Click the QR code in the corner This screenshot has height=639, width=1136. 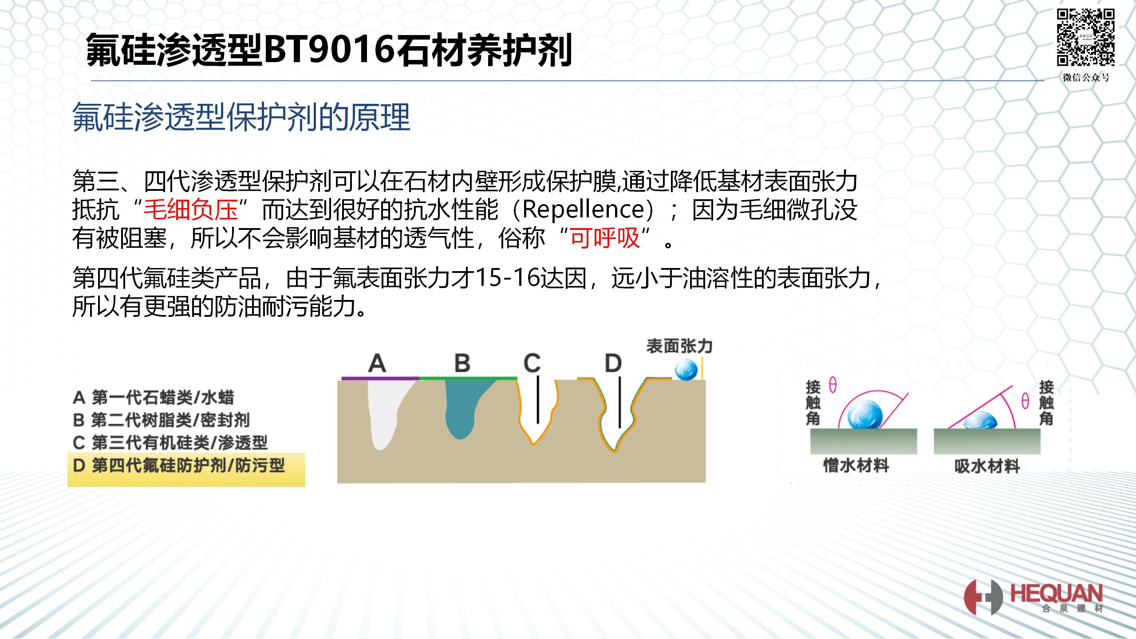coord(1085,38)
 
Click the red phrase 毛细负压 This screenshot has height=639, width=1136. coord(191,210)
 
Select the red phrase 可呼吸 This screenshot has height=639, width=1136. coord(605,238)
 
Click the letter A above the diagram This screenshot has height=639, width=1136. coord(377,363)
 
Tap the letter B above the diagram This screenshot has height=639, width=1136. coord(462,363)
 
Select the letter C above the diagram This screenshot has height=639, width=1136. coord(532,363)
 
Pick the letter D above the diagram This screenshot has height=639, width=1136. coord(613,363)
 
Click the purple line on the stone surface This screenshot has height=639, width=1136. coord(380,378)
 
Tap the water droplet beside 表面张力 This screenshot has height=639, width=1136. coord(686,370)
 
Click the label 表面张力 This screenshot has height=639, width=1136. coord(679,346)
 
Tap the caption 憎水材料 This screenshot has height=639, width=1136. coord(856,466)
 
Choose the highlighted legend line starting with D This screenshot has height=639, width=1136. coord(179,465)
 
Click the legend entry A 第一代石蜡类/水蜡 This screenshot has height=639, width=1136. coord(153,398)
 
